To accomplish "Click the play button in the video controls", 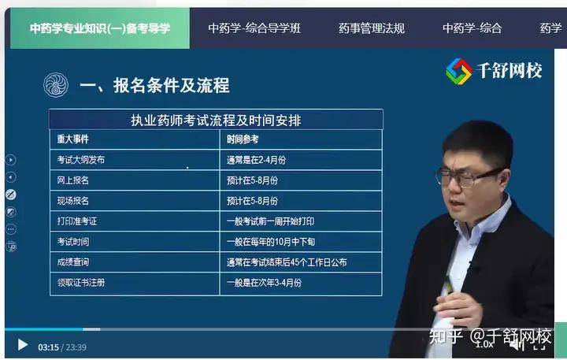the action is click(23, 345).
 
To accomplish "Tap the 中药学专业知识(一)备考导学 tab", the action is click(100, 28).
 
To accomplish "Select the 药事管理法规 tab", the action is click(372, 28).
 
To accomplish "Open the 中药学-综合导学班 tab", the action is click(254, 28).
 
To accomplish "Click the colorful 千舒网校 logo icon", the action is click(458, 71).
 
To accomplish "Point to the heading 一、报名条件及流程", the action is click(154, 86).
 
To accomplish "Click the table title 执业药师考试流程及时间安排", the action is click(216, 120).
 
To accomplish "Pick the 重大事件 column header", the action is click(72, 139).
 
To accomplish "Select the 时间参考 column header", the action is click(243, 139).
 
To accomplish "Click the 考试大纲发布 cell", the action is click(80, 160).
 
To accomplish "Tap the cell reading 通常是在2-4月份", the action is click(257, 160).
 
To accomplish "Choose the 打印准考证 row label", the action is click(77, 221).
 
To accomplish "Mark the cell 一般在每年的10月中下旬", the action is click(271, 242).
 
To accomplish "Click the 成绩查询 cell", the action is click(72, 262).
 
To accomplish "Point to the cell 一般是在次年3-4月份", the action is click(265, 283).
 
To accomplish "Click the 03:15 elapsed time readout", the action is click(49, 347).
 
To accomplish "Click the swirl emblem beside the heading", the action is click(56, 85).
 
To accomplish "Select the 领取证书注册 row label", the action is click(81, 283).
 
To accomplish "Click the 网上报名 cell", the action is click(72, 180).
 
